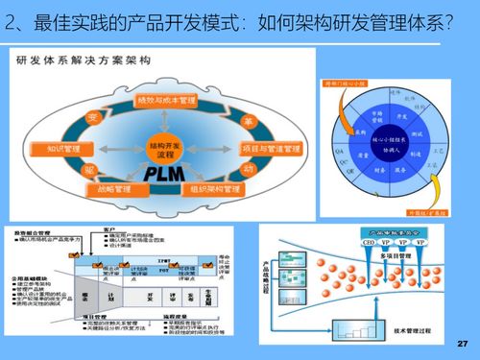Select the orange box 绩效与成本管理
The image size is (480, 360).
pos(166,99)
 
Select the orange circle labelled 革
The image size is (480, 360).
pos(249,122)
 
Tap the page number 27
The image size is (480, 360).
pos(462,343)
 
